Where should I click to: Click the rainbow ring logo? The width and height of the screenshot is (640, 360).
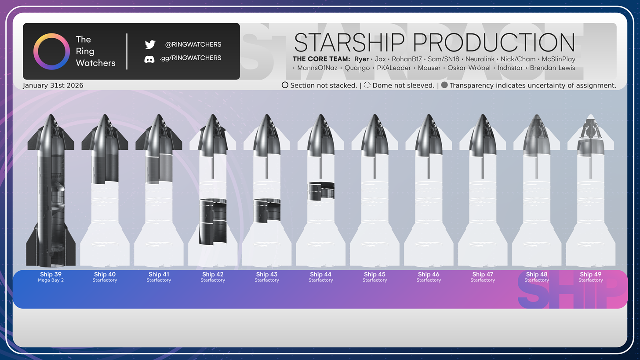coord(51,36)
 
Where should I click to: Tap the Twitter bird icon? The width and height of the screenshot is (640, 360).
coord(150,44)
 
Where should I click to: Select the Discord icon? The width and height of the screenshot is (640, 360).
coord(149,59)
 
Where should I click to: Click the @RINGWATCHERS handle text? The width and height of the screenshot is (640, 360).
coord(193,44)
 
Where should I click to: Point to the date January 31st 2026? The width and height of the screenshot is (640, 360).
coord(53,85)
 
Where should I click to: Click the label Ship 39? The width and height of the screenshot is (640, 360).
coord(51,274)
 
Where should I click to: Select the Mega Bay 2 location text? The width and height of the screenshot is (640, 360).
coord(51,280)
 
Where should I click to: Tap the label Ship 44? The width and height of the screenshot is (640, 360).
coord(320,274)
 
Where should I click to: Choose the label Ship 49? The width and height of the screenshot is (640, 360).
coord(591,274)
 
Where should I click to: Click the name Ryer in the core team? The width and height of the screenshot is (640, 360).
coord(361,59)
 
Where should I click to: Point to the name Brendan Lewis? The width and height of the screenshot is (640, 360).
coord(553,68)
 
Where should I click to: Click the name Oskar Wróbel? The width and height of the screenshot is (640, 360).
coord(469,68)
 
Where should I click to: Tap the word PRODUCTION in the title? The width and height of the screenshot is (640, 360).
coord(494,42)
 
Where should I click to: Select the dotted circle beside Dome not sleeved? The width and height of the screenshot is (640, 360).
coord(367,85)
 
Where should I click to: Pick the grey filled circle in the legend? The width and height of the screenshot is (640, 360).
coord(444,85)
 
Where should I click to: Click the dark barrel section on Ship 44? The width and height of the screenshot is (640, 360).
coord(321,191)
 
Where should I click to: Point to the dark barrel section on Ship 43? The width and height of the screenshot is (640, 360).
coord(267,211)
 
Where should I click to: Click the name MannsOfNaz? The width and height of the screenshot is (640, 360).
coord(317,68)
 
